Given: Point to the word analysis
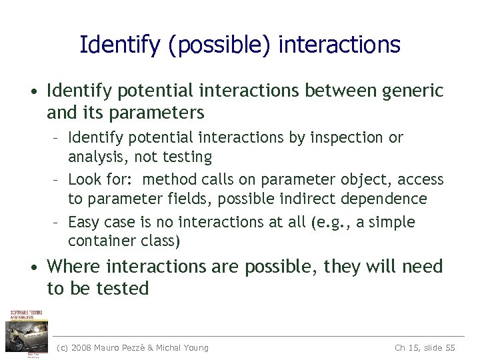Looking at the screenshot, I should [x=93, y=157].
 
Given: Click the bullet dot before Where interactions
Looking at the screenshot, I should [x=33, y=268].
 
